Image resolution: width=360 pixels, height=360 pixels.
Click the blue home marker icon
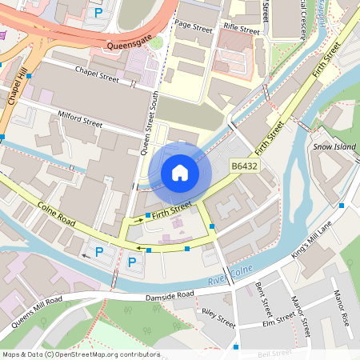click(180, 172)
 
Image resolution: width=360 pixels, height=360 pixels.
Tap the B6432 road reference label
click(244, 166)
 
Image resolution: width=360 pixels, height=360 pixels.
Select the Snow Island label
click(333, 147)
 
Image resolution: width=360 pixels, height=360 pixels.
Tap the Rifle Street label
click(241, 30)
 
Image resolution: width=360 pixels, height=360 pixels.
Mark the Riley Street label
click(218, 318)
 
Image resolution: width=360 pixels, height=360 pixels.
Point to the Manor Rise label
click(342, 305)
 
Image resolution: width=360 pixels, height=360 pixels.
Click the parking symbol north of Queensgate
click(98, 13)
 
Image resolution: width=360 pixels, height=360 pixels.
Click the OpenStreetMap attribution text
click(80, 354)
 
